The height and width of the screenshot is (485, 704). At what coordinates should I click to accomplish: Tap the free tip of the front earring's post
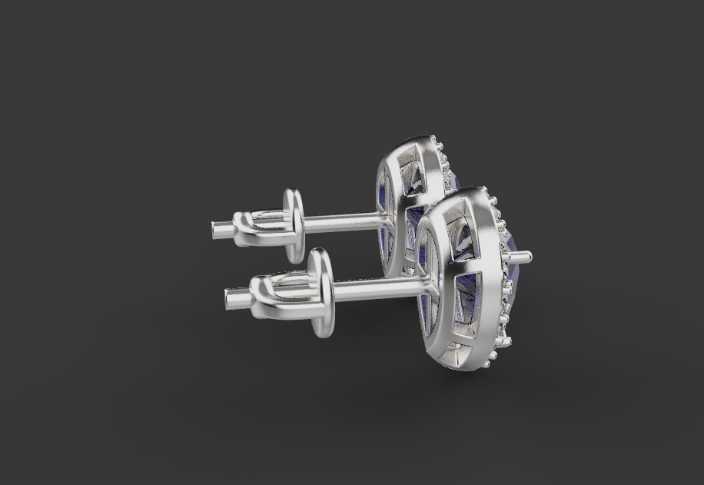[x=229, y=294]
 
